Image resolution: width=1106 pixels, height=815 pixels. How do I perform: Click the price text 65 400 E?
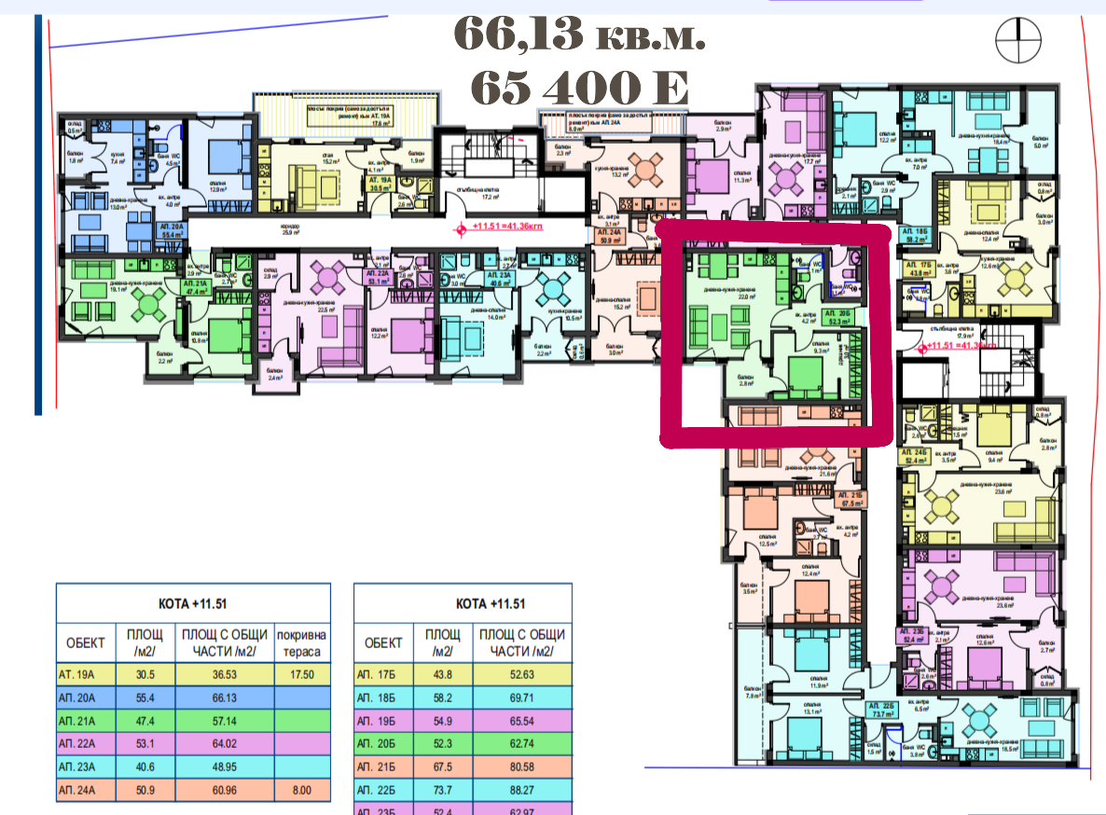click(579, 88)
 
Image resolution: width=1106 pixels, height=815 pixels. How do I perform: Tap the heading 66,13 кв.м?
click(579, 35)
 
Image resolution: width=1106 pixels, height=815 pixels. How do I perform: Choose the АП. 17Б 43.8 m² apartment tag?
click(919, 269)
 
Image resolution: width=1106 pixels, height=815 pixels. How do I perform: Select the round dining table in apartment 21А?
click(149, 301)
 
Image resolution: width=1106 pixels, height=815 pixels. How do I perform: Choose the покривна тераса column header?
click(301, 642)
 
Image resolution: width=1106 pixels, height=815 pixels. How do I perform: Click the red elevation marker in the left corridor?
click(458, 228)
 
